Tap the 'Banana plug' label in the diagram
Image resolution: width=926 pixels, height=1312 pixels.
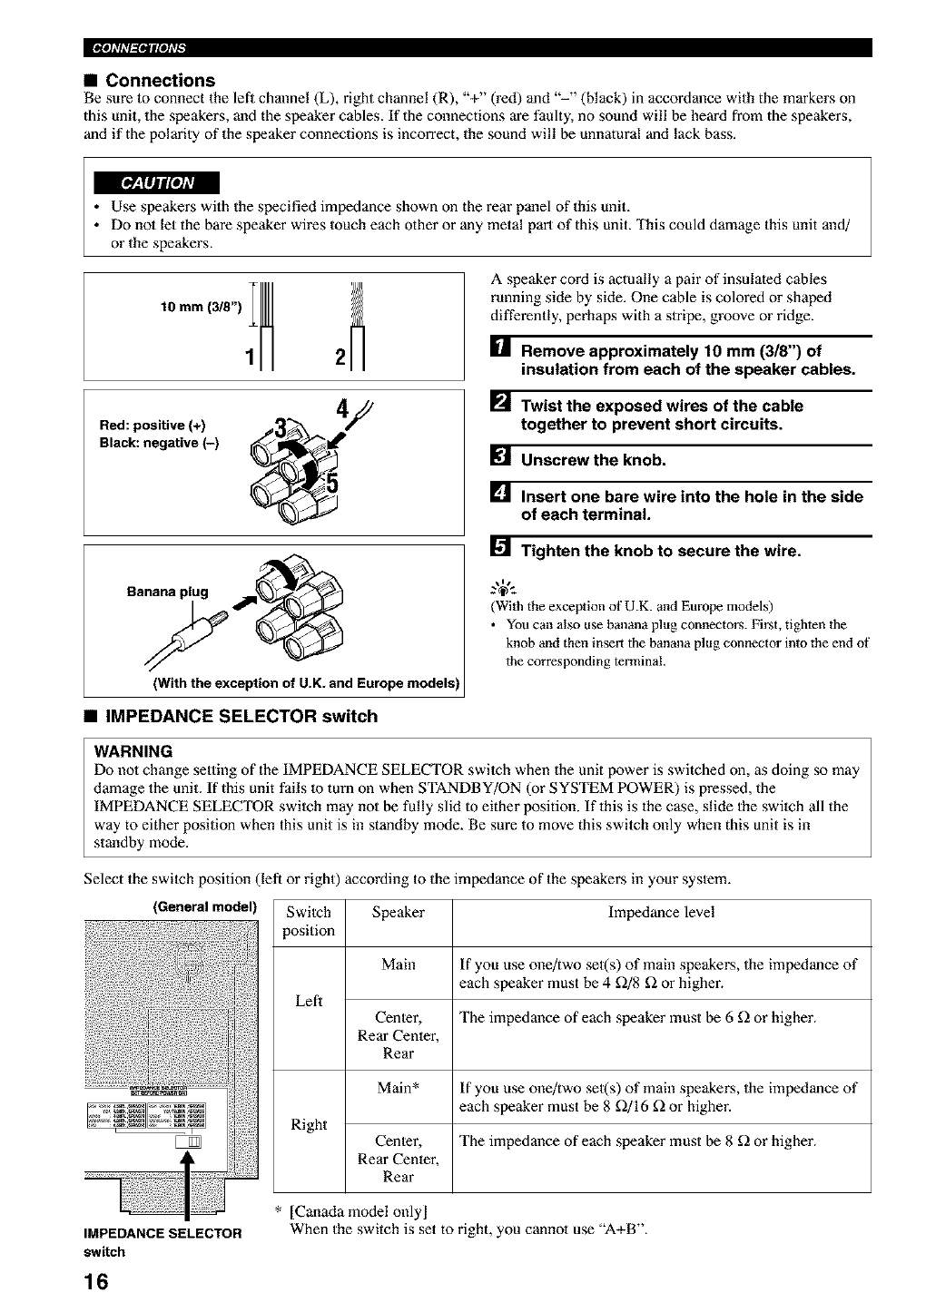[x=168, y=592]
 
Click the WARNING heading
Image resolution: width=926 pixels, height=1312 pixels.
[x=133, y=751]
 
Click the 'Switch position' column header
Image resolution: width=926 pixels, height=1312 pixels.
[x=309, y=922]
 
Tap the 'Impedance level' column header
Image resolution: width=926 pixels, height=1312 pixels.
[x=661, y=913]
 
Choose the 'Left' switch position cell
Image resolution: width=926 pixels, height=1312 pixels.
[x=309, y=1001]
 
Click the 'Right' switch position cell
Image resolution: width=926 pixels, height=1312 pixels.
[x=309, y=1125]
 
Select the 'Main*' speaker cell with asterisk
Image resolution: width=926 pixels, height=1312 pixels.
[x=399, y=1088]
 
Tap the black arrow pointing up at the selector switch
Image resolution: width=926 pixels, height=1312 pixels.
[x=190, y=1176]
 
